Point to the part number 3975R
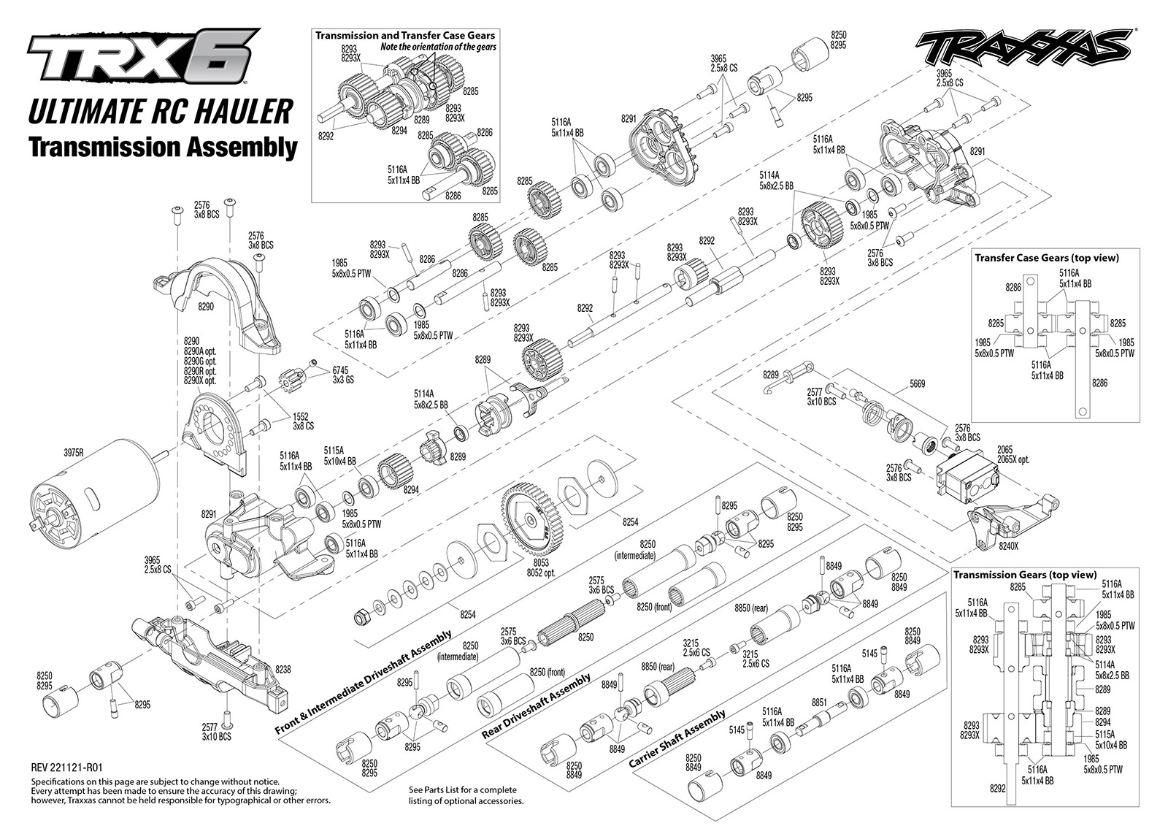74,454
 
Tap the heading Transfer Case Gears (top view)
1047,258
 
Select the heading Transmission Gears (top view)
1025,575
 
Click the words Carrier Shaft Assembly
677,738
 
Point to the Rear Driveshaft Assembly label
536,705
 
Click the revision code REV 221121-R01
66,768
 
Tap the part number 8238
283,669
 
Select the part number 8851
819,703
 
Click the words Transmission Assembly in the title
164,148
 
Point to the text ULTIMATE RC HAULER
160,112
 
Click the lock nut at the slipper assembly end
361,618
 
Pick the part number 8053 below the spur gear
541,563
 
